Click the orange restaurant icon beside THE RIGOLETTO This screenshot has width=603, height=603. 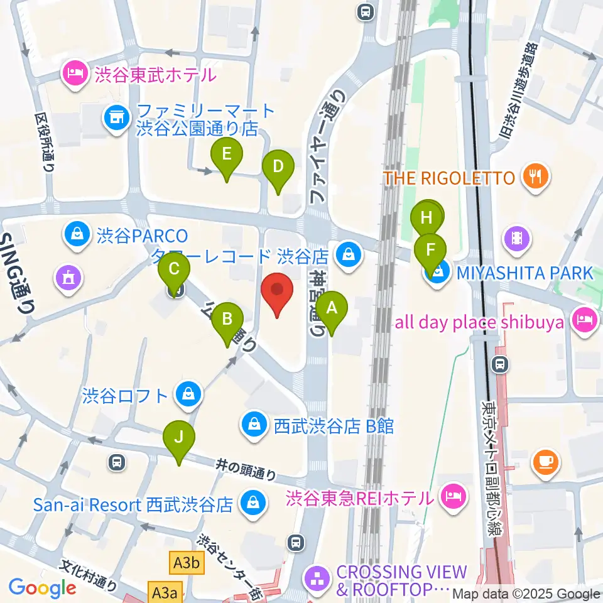coord(535,177)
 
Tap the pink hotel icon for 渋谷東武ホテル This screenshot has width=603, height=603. coord(75,75)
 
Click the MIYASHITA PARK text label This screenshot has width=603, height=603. coord(524,273)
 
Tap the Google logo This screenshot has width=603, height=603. coord(42,587)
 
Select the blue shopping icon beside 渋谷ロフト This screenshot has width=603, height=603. coord(188,394)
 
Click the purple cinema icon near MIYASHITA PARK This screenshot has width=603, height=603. coord(517,238)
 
